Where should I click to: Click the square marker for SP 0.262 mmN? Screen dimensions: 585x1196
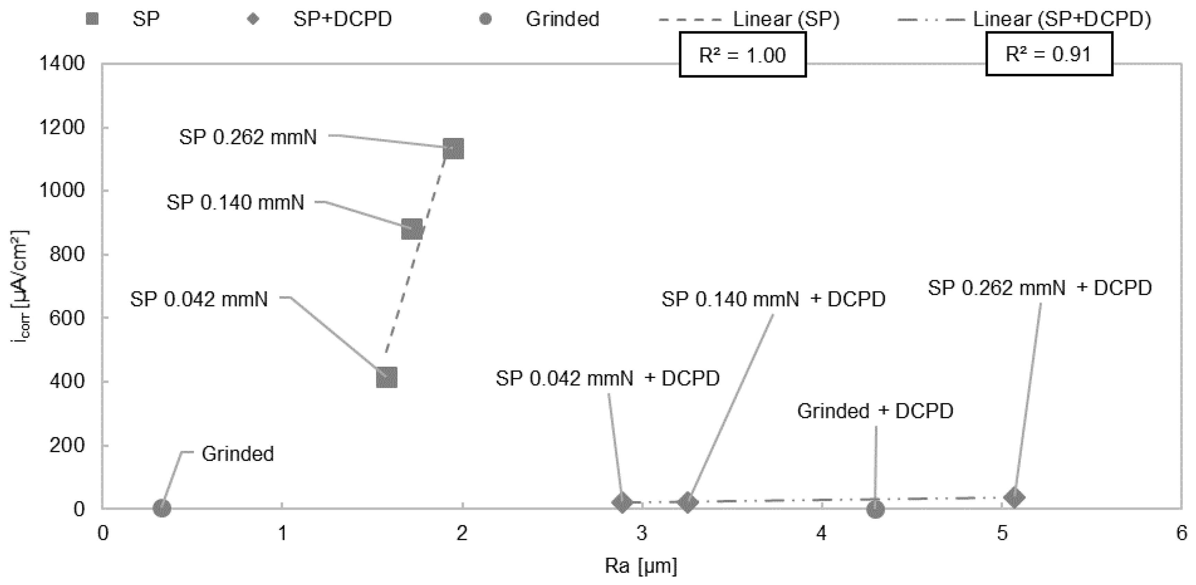pos(453,149)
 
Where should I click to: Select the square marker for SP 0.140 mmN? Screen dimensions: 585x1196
pos(412,229)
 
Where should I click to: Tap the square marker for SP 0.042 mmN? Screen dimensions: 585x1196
pos(387,377)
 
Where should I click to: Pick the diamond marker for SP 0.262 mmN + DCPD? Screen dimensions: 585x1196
pos(1014,497)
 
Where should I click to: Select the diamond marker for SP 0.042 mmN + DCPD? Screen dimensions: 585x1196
pos(622,503)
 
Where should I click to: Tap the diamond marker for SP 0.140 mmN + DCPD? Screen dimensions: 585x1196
pos(688,503)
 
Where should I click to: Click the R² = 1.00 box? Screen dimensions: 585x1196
pos(742,55)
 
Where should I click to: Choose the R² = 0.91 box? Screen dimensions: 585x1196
pos(1049,54)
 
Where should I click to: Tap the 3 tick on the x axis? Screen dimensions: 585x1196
pos(642,533)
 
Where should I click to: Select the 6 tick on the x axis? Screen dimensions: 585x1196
pos(1181,533)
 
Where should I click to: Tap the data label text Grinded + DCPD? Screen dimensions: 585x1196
pos(875,411)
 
